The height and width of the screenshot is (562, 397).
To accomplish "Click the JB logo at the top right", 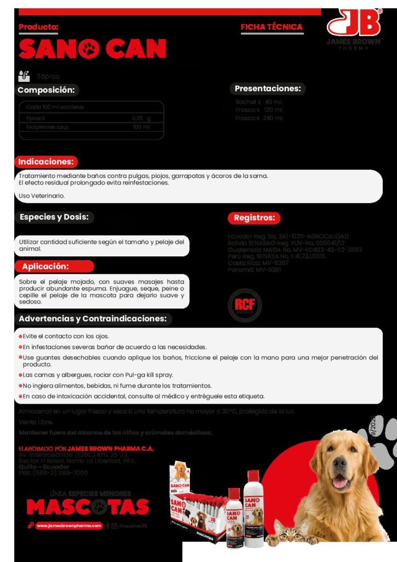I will pos(354,23).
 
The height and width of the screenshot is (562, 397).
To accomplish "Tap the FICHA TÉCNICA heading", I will pos(271,27).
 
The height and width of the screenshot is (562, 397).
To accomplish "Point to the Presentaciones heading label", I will pos(268,88).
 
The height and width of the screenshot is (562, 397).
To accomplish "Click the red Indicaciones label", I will pos(46,162).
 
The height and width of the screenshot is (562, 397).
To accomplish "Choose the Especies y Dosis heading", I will pos(54,217).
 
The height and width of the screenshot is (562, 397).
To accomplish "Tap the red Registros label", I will pos(253,218).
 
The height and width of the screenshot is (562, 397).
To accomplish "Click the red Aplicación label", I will pos(46,267).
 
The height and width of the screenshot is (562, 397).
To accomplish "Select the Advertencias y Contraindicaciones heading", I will pos(93,319).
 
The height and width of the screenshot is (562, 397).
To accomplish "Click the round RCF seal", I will pos(245,305).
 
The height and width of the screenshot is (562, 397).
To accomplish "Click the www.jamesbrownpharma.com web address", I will pos(70,525).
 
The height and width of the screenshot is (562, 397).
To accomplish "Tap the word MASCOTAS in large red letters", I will pos(88,507).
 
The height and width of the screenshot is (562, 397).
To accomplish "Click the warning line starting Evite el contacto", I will pos(66,336).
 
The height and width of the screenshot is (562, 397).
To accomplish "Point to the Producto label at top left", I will pos(38,27).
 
